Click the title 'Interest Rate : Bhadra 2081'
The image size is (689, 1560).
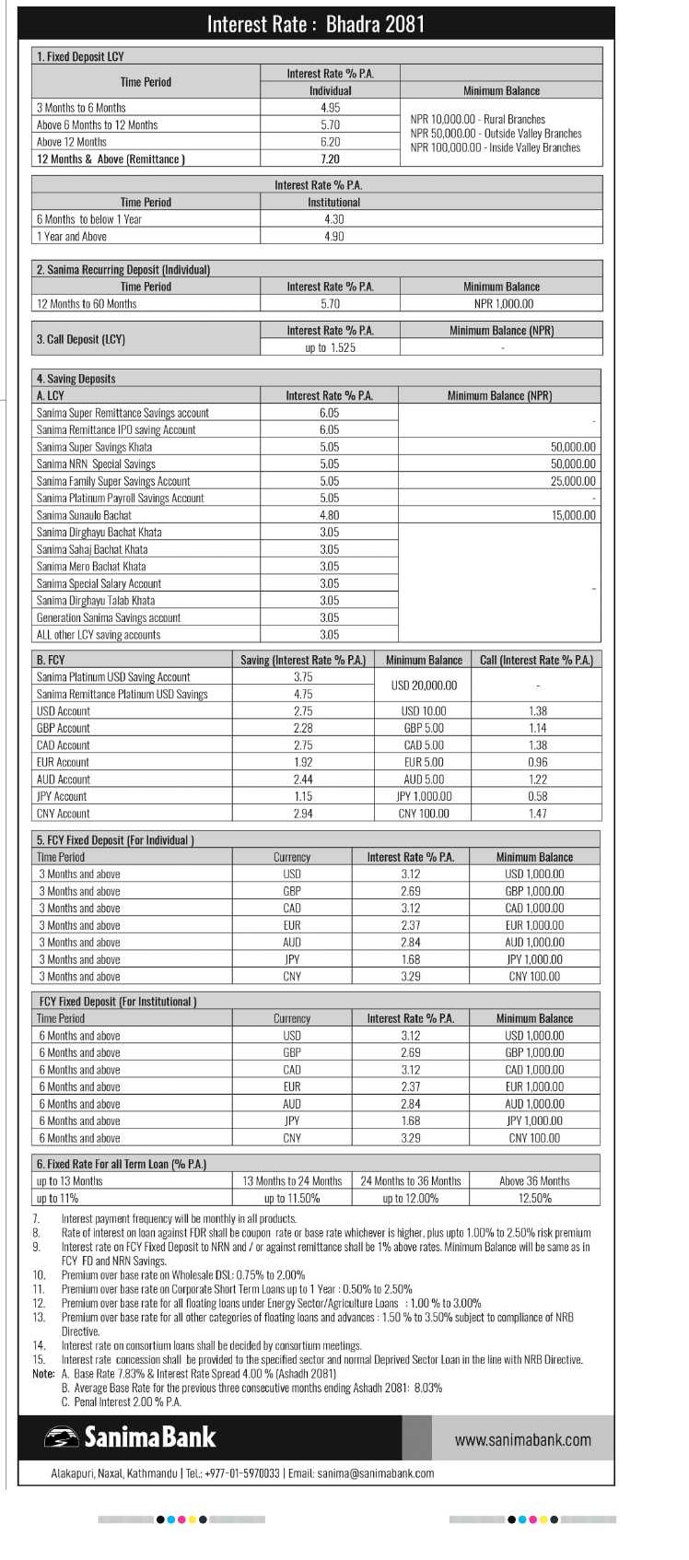pyautogui.click(x=316, y=24)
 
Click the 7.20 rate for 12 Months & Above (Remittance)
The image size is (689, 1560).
pyautogui.click(x=330, y=159)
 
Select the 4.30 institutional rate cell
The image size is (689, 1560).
pyautogui.click(x=333, y=219)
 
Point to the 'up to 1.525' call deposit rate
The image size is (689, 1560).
pyautogui.click(x=330, y=347)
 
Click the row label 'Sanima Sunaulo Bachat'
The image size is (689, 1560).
pyautogui.click(x=84, y=515)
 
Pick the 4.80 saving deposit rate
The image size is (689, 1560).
pyautogui.click(x=329, y=515)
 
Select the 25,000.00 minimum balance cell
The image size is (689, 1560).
pyautogui.click(x=573, y=481)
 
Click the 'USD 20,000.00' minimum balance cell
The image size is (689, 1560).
pyautogui.click(x=424, y=686)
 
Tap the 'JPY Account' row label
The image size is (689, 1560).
pyautogui.click(x=62, y=796)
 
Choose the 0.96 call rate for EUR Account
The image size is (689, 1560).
pyautogui.click(x=537, y=762)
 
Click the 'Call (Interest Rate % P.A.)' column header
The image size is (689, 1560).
pyautogui.click(x=536, y=660)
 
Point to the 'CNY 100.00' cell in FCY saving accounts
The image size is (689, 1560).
pyautogui.click(x=424, y=814)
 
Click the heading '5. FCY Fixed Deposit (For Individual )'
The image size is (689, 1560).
pyautogui.click(x=115, y=840)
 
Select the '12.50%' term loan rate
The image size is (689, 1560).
pyautogui.click(x=534, y=1198)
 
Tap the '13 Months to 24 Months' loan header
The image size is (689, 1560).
pyautogui.click(x=292, y=1180)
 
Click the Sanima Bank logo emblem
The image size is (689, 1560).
pyautogui.click(x=62, y=1437)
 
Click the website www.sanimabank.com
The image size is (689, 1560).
pyautogui.click(x=523, y=1439)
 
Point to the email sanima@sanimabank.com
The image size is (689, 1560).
pyautogui.click(x=375, y=1473)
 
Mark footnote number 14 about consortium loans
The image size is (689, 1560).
pyautogui.click(x=39, y=1345)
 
